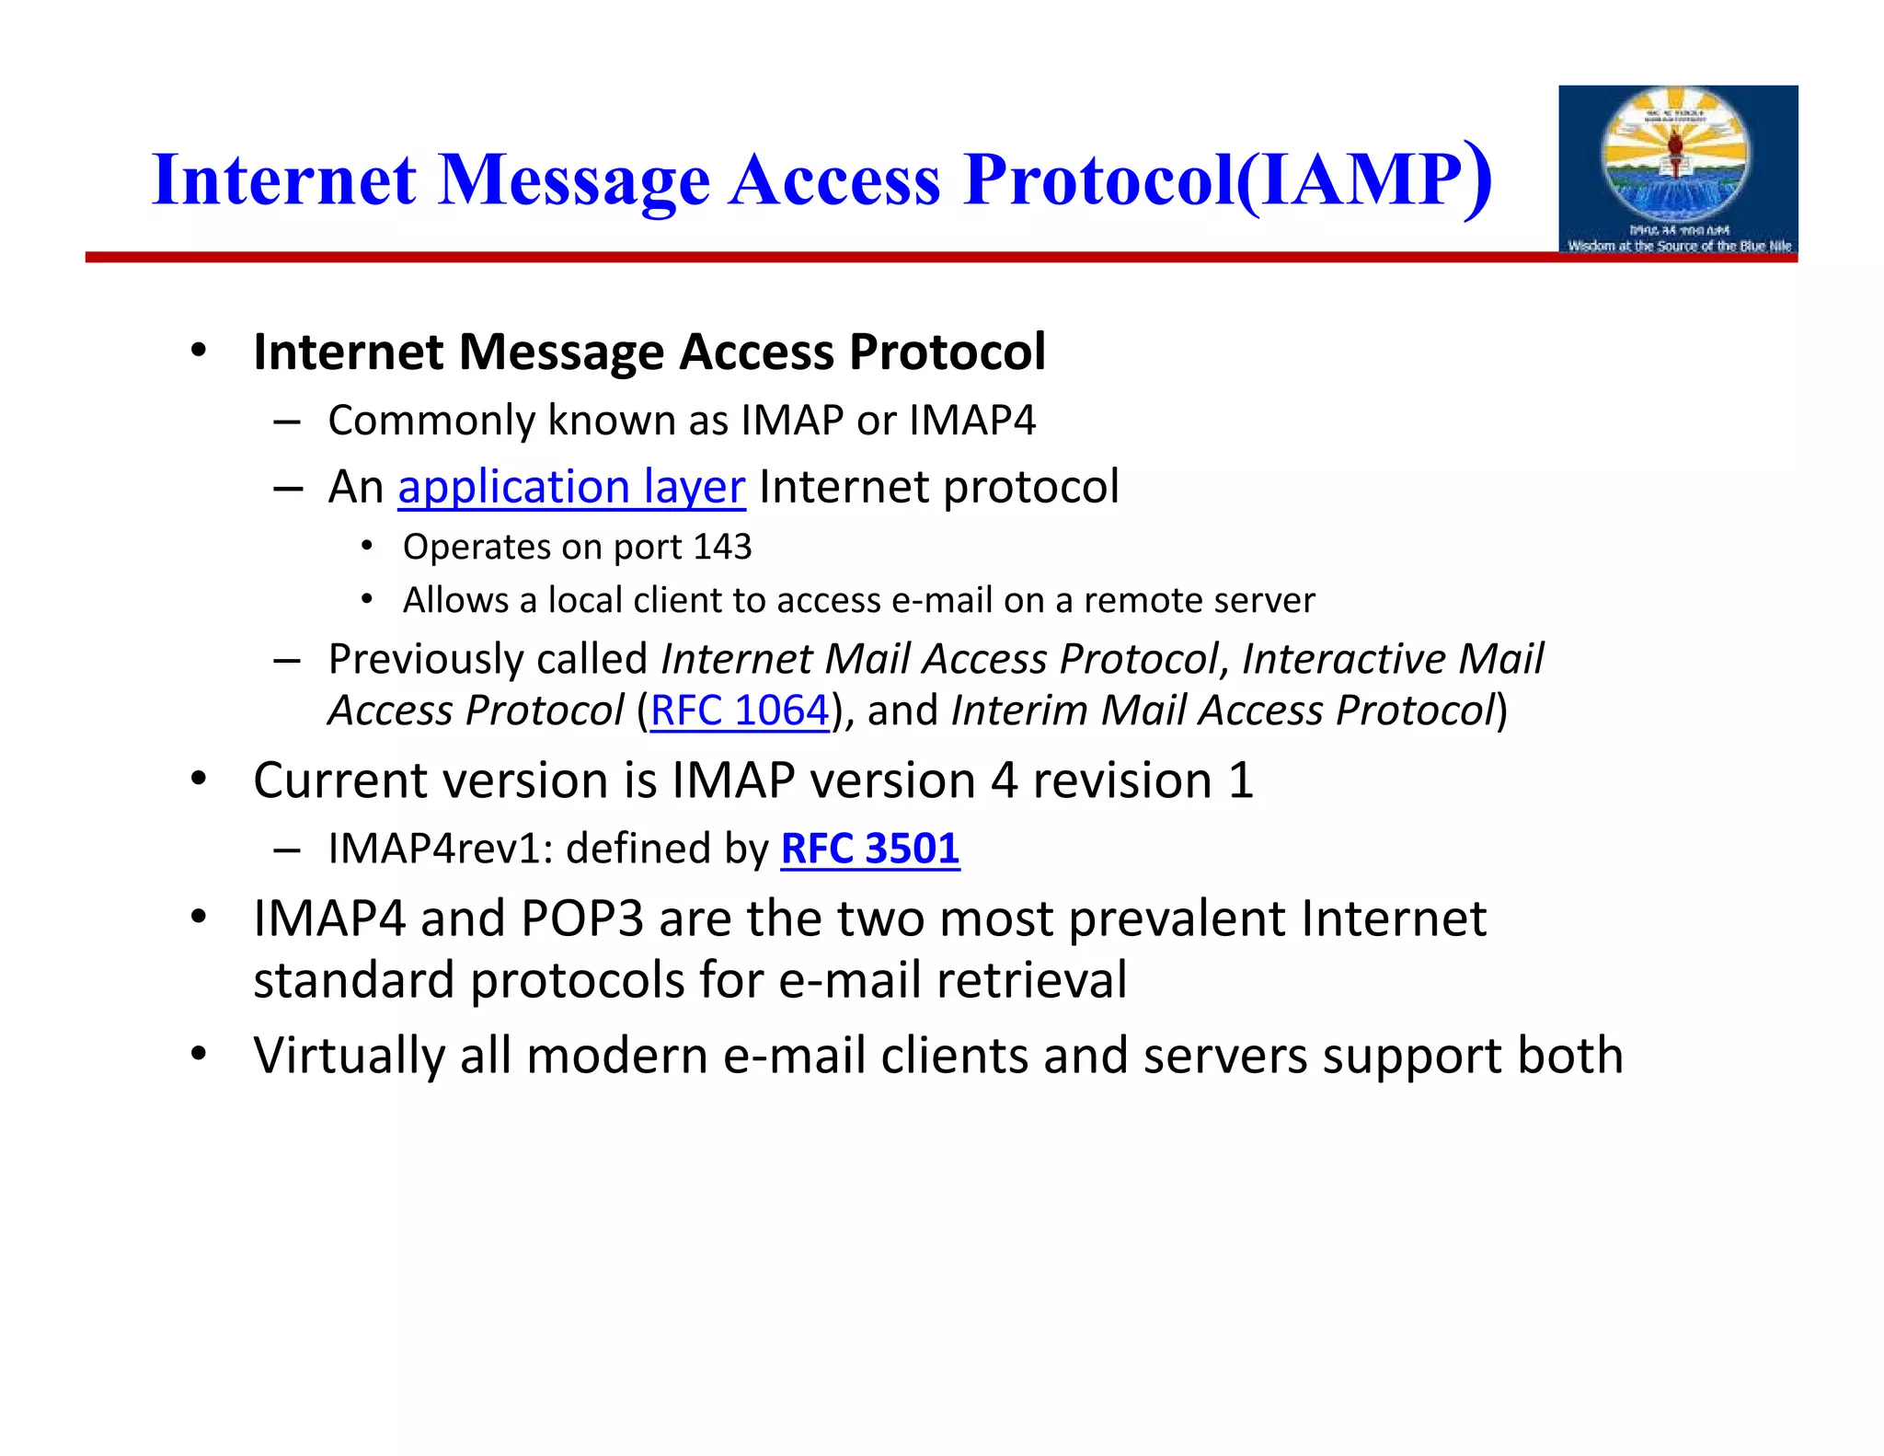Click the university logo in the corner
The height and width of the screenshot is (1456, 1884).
[x=1677, y=169]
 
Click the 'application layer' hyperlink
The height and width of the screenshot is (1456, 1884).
[x=570, y=487]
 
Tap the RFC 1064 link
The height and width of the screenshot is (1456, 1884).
[x=740, y=711]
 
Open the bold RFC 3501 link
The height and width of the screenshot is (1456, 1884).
[x=869, y=849]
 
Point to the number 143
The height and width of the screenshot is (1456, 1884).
[x=723, y=547]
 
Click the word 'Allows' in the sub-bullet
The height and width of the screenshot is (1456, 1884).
[x=454, y=600]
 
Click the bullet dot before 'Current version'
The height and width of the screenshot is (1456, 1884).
[x=198, y=780]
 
